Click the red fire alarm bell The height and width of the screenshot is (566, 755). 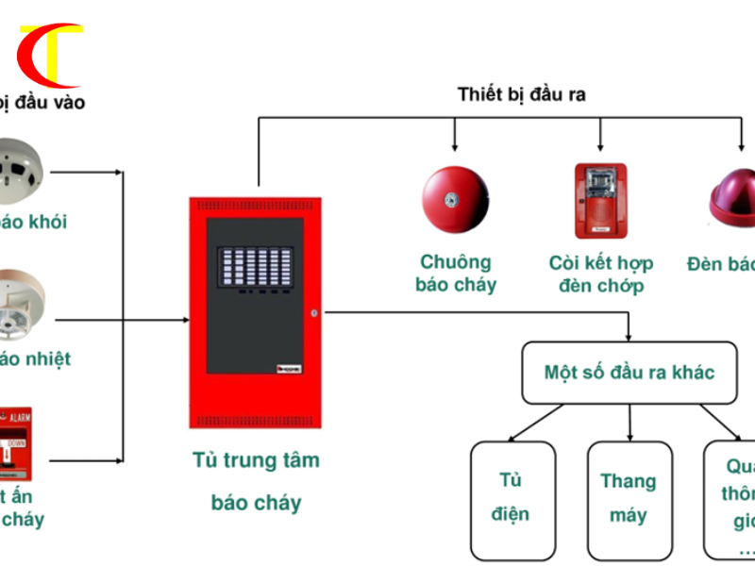(x=455, y=201)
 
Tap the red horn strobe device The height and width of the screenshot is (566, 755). (x=600, y=201)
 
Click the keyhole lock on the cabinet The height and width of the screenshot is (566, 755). (x=314, y=313)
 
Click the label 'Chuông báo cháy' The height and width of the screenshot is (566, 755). (x=455, y=273)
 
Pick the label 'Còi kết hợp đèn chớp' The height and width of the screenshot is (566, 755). (x=600, y=274)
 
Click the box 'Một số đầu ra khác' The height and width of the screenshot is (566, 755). (x=629, y=372)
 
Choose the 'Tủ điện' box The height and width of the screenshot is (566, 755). (x=514, y=497)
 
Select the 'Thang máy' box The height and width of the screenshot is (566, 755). (x=629, y=497)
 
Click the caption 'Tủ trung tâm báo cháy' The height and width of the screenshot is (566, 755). (x=256, y=481)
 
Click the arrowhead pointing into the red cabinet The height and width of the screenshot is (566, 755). (x=184, y=320)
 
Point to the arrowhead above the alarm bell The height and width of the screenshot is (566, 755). (x=455, y=147)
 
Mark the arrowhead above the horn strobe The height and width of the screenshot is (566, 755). (x=600, y=147)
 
